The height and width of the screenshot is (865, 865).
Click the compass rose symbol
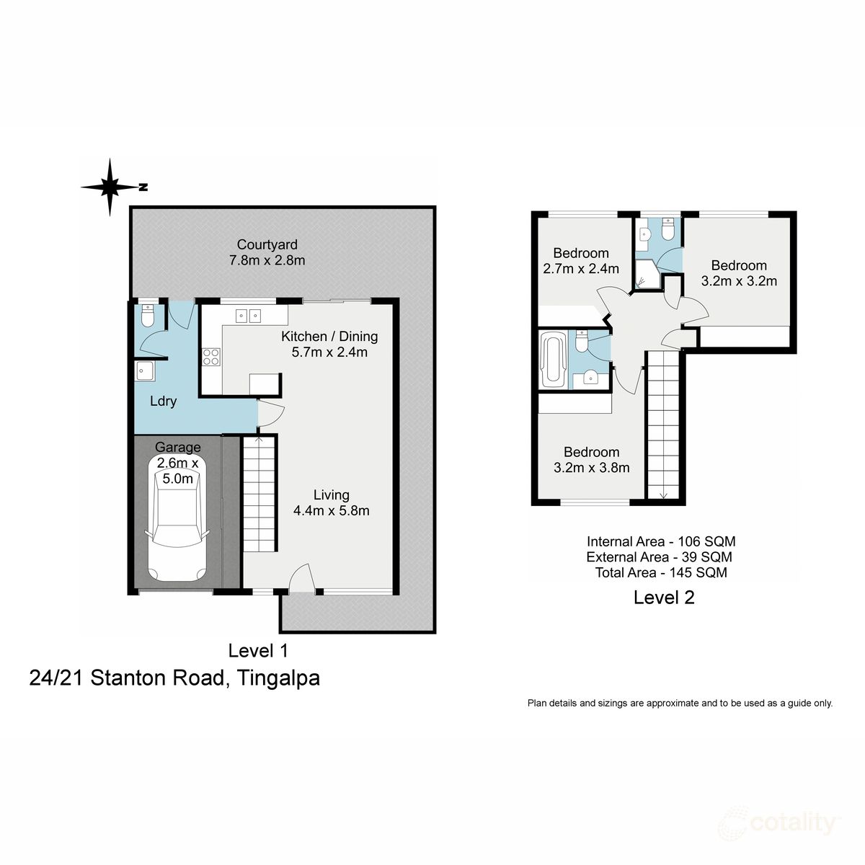click(x=110, y=187)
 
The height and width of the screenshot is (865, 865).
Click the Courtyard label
click(x=267, y=244)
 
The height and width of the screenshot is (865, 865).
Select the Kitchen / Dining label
click(x=329, y=336)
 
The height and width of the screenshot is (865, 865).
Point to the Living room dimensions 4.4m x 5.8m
click(x=331, y=511)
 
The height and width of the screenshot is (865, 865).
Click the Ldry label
click(x=163, y=401)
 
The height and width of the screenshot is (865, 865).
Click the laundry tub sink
click(x=145, y=371)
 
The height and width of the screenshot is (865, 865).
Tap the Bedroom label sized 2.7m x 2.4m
click(x=580, y=253)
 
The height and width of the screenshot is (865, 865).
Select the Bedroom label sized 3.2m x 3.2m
click(x=738, y=265)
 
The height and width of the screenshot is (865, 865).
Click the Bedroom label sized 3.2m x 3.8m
click(x=591, y=452)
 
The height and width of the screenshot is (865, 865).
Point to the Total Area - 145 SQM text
click(x=660, y=573)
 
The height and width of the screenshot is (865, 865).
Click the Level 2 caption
click(x=663, y=598)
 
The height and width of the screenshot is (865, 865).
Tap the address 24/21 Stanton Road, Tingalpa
click(x=174, y=678)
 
